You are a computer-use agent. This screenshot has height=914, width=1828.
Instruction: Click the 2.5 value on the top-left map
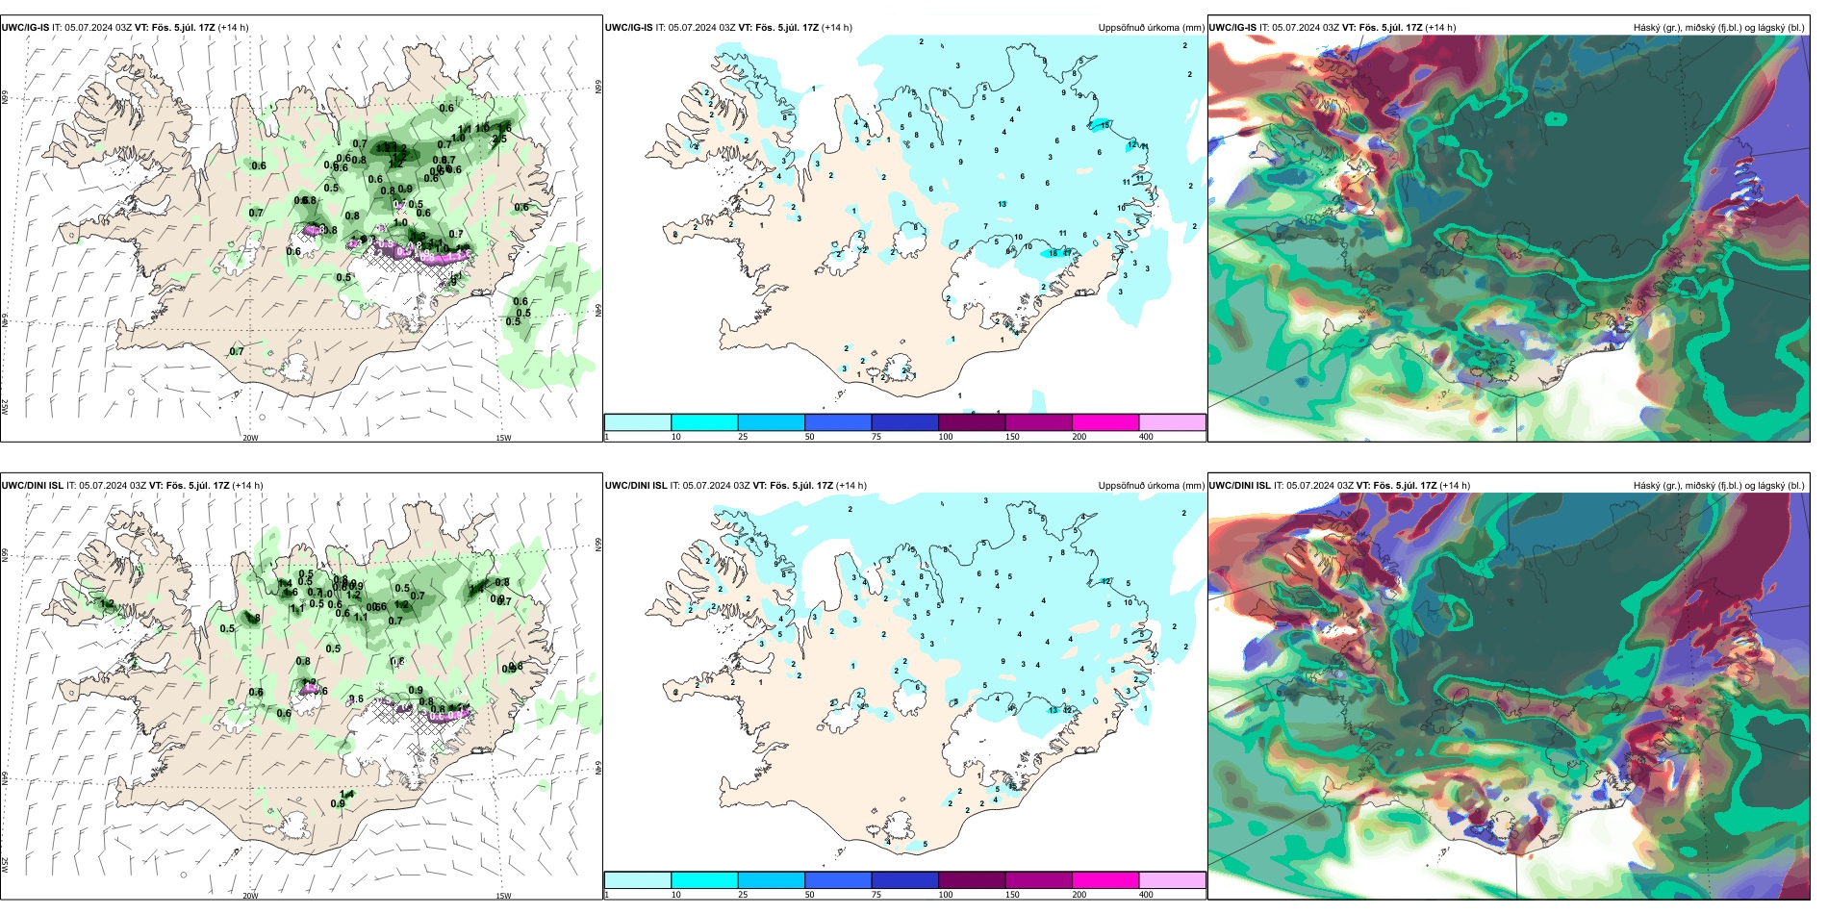[x=499, y=140]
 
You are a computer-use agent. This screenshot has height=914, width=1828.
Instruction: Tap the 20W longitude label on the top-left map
[x=250, y=438]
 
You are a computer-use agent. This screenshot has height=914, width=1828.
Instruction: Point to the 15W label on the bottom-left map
[x=503, y=896]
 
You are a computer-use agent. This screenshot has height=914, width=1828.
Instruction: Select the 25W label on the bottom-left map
[x=5, y=865]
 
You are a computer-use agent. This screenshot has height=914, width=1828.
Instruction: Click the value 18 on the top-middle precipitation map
[x=1054, y=253]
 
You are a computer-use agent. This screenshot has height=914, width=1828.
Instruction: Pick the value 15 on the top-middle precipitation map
[x=1105, y=125]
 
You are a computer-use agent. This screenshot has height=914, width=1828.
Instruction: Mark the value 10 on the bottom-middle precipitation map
[x=1129, y=602]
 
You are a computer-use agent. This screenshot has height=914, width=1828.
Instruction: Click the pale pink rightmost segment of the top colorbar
[x=1172, y=422]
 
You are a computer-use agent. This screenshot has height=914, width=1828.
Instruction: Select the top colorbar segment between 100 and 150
[x=972, y=422]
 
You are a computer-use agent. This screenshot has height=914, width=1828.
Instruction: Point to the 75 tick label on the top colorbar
[x=876, y=437]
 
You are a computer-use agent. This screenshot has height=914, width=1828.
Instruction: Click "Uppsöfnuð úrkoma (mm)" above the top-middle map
[x=1151, y=28]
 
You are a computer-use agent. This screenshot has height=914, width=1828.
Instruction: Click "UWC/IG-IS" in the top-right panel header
[x=1232, y=28]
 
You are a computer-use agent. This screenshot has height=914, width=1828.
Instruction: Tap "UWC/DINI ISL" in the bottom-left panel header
[x=32, y=486]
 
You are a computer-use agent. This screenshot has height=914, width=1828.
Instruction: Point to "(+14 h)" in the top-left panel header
[x=234, y=28]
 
